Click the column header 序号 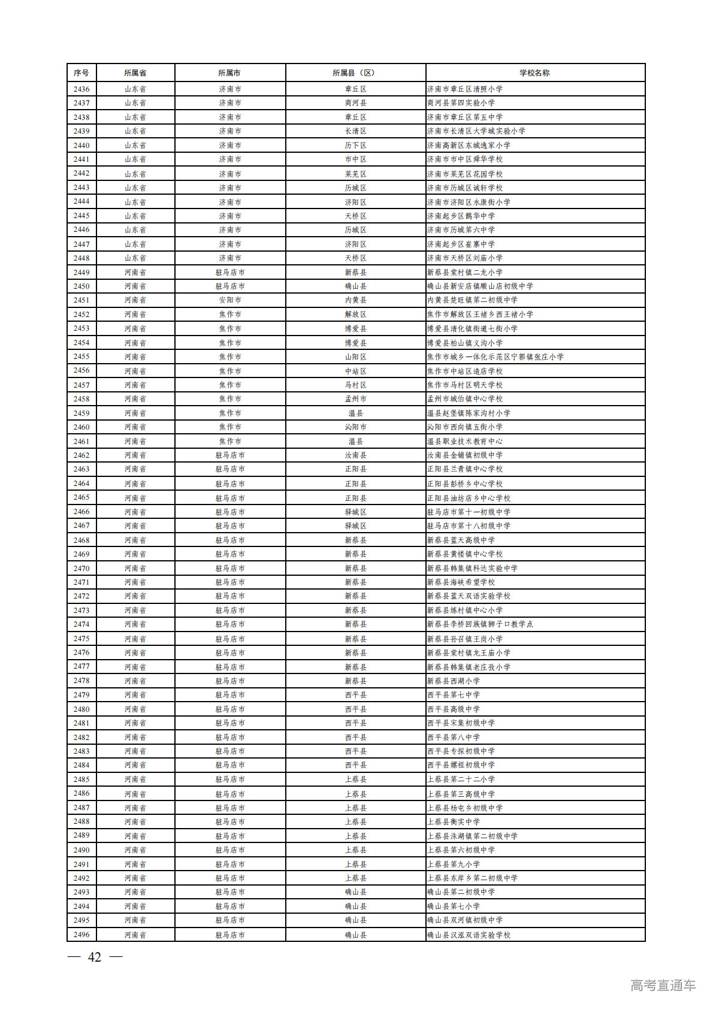tap(81, 73)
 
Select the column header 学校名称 tap(534, 73)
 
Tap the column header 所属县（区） tap(355, 73)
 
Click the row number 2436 tap(81, 89)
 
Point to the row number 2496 tap(81, 935)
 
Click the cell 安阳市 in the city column tap(230, 300)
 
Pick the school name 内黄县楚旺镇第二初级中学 tap(472, 300)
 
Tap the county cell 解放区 tap(355, 315)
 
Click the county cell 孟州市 tap(355, 399)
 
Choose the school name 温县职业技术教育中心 tap(465, 442)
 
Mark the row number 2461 tap(81, 442)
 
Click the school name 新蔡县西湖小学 tap(454, 681)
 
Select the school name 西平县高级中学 tap(454, 709)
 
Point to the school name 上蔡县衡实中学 tap(454, 822)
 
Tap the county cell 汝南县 tap(355, 455)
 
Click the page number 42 tap(95, 957)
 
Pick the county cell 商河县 tap(355, 103)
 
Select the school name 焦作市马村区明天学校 tap(465, 385)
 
